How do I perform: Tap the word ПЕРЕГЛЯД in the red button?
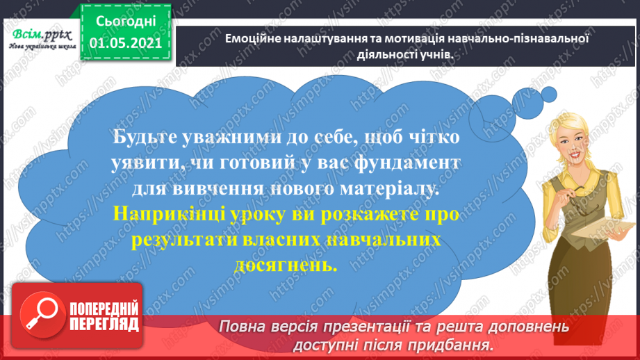click(x=103, y=323)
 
